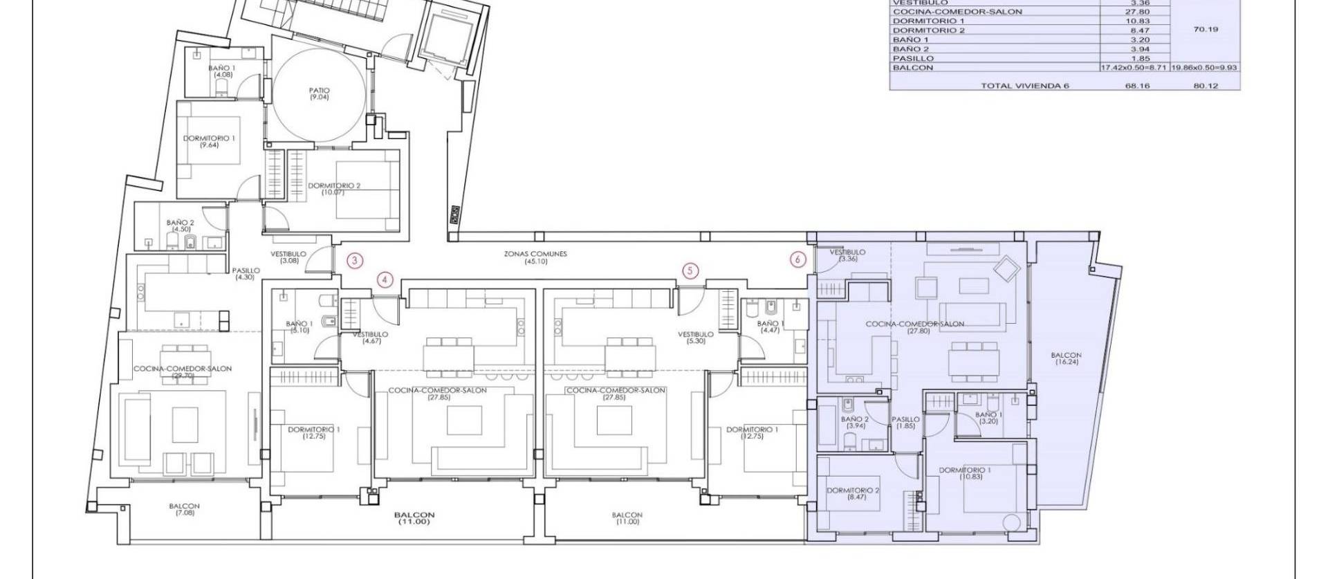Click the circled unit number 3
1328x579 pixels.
[x=354, y=260]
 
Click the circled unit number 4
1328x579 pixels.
[x=385, y=280]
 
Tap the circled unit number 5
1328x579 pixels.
[x=690, y=270]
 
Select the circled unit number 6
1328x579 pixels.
[x=798, y=259]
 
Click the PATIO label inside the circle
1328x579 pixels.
[x=319, y=93]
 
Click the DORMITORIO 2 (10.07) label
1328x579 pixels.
[x=334, y=189]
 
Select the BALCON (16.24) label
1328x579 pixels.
[x=1065, y=358]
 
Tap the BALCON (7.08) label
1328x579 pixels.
[x=184, y=509]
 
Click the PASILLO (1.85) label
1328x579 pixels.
[x=905, y=423]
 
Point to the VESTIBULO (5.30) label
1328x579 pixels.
[x=696, y=338]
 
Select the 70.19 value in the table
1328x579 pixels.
[x=1206, y=30]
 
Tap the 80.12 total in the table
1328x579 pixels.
[x=1205, y=86]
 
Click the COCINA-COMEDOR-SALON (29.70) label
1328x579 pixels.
[x=183, y=372]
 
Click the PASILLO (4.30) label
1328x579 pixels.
[x=246, y=274]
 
